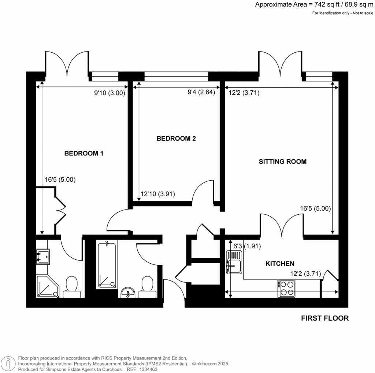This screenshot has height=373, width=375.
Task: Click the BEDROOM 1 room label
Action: tap(83, 154)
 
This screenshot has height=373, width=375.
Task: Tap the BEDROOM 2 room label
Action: tap(176, 139)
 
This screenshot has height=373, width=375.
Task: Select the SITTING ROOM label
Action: tap(282, 161)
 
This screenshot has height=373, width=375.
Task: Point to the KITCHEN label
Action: tap(280, 263)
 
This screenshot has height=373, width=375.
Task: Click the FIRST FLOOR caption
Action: tap(325, 318)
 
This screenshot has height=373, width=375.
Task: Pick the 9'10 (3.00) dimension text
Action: tap(110, 93)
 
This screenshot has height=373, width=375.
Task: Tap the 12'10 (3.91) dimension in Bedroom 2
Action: tap(158, 195)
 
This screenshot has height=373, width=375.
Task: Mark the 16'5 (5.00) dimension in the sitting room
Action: tap(315, 209)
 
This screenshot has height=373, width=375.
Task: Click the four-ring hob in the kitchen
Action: tap(286, 288)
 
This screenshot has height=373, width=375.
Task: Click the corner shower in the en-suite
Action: tap(47, 286)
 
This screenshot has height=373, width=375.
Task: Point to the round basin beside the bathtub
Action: tap(128, 292)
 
